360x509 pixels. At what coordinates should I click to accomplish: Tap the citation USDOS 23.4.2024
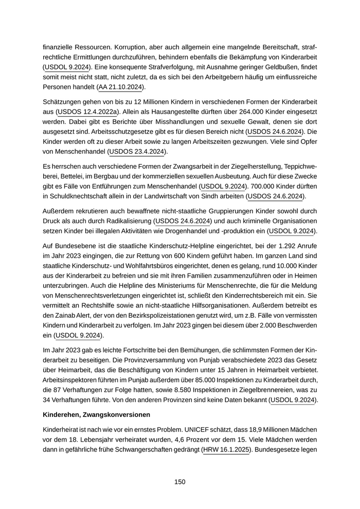pos(138,152)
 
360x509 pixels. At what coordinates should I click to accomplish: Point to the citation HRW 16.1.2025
pos(226,450)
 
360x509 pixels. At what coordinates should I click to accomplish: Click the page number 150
pos(179,482)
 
